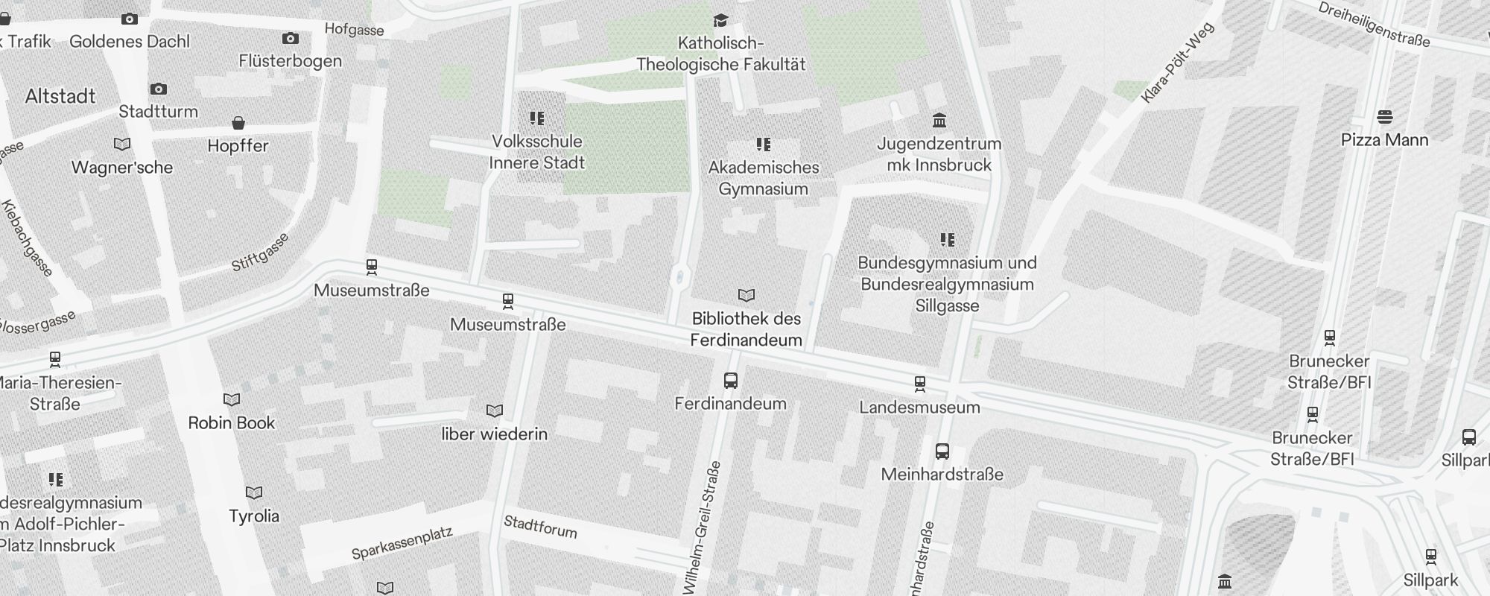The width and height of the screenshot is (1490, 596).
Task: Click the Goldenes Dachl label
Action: (x=130, y=42)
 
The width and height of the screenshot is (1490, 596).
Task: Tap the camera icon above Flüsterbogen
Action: (x=291, y=38)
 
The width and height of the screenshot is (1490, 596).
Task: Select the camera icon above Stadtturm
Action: (x=159, y=89)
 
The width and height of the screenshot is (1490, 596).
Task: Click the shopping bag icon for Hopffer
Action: (x=238, y=122)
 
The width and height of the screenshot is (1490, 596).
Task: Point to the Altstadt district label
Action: (x=60, y=96)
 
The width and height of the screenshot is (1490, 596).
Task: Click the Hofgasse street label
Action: (x=354, y=30)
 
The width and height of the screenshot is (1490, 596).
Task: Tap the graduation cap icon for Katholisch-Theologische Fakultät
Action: (x=720, y=20)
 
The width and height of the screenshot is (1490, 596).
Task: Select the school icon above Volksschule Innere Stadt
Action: (x=537, y=118)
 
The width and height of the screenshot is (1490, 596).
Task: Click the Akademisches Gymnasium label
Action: (x=764, y=178)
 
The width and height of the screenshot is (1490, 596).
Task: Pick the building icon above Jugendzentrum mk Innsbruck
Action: (x=939, y=120)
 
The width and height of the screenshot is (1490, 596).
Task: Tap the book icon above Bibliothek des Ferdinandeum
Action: (x=746, y=296)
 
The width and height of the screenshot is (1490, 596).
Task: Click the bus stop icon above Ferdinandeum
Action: (x=731, y=381)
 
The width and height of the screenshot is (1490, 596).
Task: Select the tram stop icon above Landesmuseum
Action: (x=920, y=384)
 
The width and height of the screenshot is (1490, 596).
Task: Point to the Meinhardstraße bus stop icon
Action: (x=942, y=451)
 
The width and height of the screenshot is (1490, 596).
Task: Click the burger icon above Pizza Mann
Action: (x=1385, y=117)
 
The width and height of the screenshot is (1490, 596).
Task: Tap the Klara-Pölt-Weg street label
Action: (x=1177, y=63)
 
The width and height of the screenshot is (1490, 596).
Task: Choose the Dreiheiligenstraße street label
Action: (x=1374, y=24)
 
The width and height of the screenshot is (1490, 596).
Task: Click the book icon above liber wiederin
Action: (x=495, y=411)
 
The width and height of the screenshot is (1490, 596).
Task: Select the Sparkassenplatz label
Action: (x=402, y=545)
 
